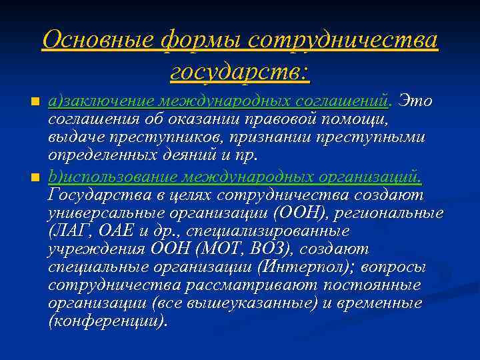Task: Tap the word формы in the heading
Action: click(x=203, y=41)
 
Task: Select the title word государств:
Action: click(x=240, y=70)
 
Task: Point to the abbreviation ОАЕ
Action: click(x=110, y=231)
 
